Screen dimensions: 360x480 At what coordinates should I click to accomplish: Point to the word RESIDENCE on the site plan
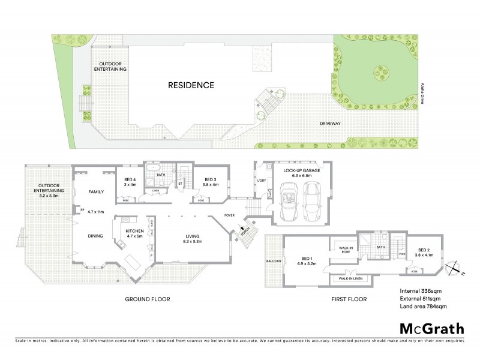pyautogui.click(x=191, y=85)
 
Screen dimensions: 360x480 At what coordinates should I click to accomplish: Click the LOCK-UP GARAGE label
pyautogui.click(x=300, y=173)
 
